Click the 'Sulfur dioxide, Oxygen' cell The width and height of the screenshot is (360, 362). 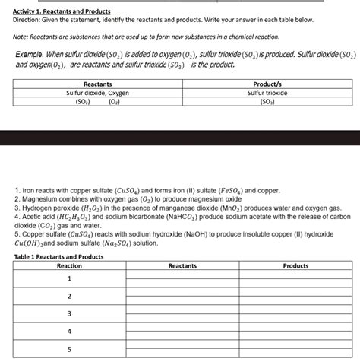(97, 92)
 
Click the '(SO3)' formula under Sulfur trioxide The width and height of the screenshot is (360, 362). (267, 100)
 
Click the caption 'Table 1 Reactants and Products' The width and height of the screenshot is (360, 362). (59, 256)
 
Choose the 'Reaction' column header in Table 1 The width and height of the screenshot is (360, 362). (69, 266)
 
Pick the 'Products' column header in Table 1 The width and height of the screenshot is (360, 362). (295, 266)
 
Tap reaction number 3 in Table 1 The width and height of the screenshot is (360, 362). (69, 313)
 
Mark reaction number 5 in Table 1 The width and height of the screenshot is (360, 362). (69, 349)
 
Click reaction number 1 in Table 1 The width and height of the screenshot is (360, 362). (69, 278)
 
